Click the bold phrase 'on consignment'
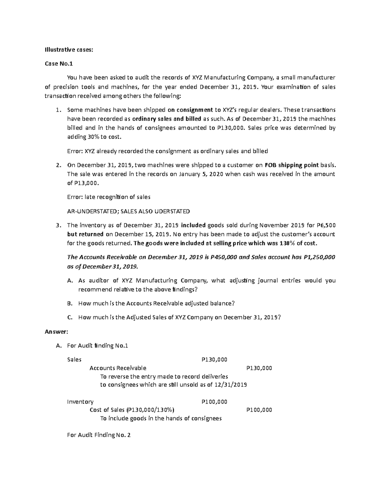(190, 110)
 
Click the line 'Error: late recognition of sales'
(109, 197)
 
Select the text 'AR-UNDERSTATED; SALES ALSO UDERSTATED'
(128, 211)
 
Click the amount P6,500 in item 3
(326, 225)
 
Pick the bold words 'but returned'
(85, 234)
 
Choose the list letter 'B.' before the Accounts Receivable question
(70, 303)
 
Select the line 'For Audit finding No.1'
(97, 345)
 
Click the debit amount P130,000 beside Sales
(214, 359)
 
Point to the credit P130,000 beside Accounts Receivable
(259, 368)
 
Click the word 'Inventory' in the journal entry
(80, 401)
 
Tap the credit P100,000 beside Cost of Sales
(259, 410)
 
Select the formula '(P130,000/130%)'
(150, 410)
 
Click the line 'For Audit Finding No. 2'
(99, 435)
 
